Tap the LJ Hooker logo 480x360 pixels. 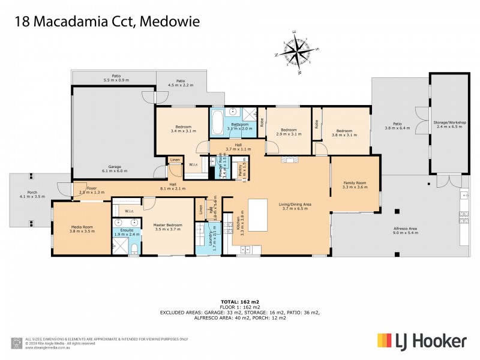click(x=422, y=341)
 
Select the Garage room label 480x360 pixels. click(x=115, y=168)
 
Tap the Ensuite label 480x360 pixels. click(x=126, y=231)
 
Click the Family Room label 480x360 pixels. click(x=355, y=185)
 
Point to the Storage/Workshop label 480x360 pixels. click(x=449, y=124)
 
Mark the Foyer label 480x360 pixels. click(x=91, y=190)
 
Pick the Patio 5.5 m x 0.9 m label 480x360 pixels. click(x=116, y=77)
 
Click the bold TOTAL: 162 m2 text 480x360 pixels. click(x=239, y=301)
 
